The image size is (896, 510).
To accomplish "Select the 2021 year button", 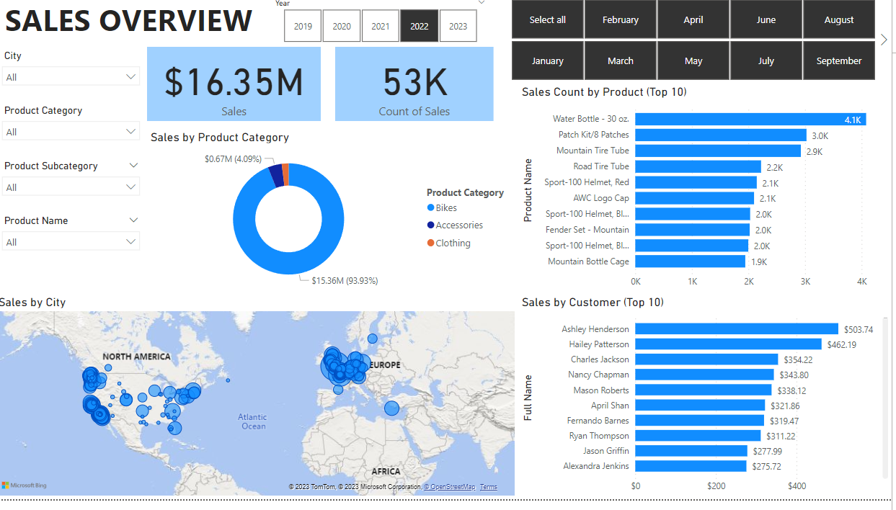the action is [x=380, y=27].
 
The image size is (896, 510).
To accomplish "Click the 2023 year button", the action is [x=458, y=27].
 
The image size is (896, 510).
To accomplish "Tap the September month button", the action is [x=839, y=61].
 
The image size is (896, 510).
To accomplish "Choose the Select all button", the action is [x=548, y=19].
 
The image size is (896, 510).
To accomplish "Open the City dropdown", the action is [x=71, y=77].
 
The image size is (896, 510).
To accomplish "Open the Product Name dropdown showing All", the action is [x=71, y=242].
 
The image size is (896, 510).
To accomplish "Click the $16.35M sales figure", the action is [x=234, y=82].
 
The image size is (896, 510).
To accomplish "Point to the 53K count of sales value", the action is [x=414, y=82].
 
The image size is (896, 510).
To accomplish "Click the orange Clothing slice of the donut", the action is [x=285, y=174].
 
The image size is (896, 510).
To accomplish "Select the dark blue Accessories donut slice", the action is [x=277, y=176].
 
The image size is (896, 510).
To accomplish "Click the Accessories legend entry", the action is [x=455, y=225].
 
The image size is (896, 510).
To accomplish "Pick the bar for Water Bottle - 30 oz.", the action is [x=750, y=119].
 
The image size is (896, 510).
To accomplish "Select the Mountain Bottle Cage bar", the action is [x=690, y=261].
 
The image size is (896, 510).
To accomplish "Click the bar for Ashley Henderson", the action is [x=737, y=329].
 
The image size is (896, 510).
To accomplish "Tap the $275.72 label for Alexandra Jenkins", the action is [x=766, y=467].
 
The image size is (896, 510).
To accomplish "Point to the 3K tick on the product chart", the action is [x=805, y=282].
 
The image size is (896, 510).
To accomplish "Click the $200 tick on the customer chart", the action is [x=716, y=486].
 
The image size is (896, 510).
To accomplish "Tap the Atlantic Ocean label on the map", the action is [x=252, y=421].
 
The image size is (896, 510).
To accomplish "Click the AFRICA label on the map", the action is [x=386, y=471].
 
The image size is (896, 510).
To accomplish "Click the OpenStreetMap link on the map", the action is [x=450, y=487].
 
